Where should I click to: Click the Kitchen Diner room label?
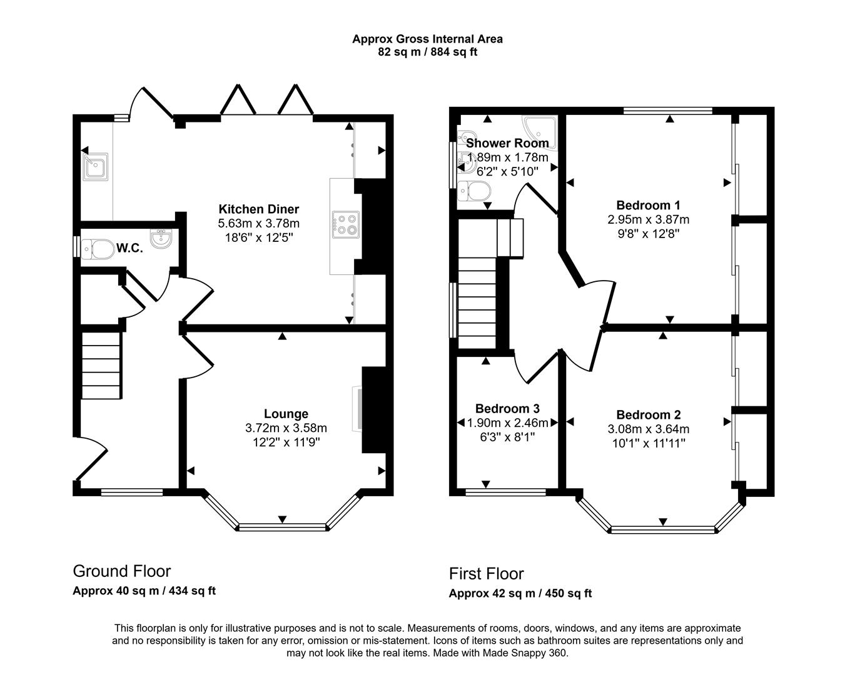pos(258,209)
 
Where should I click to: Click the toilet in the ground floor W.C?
pos(96,248)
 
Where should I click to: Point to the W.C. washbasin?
pos(161,239)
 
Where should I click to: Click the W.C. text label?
pos(129,248)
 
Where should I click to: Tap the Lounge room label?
pos(286,414)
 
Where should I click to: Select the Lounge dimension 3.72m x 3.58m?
pos(286,428)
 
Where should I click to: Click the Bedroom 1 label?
pos(648,205)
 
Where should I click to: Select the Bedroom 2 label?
pos(648,415)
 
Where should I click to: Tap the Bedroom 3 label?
pos(507,409)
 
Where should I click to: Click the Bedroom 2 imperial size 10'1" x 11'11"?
pos(648,443)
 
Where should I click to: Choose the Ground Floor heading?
pos(122,571)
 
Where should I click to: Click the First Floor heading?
pos(486,573)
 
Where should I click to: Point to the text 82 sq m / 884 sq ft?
pos(427,52)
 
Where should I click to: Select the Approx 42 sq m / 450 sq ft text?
pos(520,593)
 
